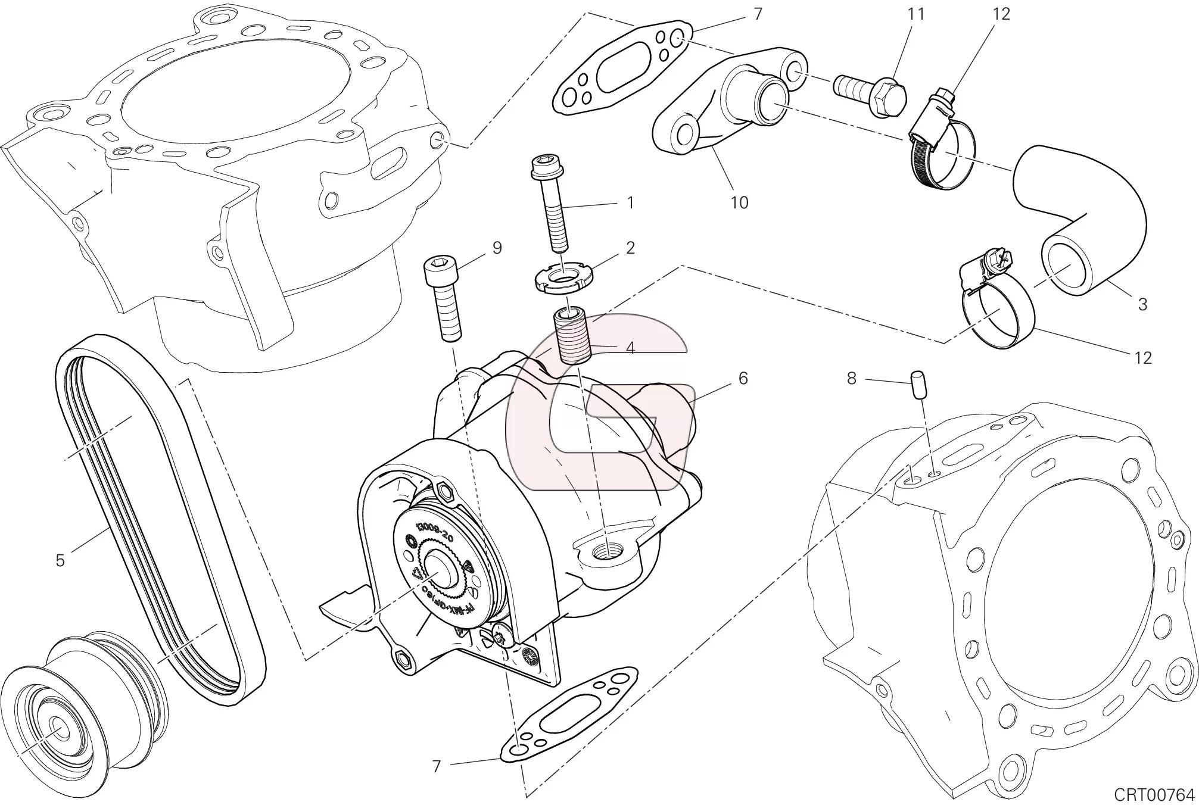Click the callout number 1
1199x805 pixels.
tap(630, 203)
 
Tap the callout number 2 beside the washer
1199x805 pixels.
tap(630, 248)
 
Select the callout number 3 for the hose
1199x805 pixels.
tap(1142, 304)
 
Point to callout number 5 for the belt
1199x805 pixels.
tap(60, 560)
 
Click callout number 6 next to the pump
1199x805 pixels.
tap(743, 378)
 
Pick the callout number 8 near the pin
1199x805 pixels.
tap(851, 378)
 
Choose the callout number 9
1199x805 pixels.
tap(497, 248)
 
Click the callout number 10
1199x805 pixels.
tap(739, 203)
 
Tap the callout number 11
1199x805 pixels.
tap(915, 14)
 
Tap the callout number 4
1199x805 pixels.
tap(630, 348)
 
